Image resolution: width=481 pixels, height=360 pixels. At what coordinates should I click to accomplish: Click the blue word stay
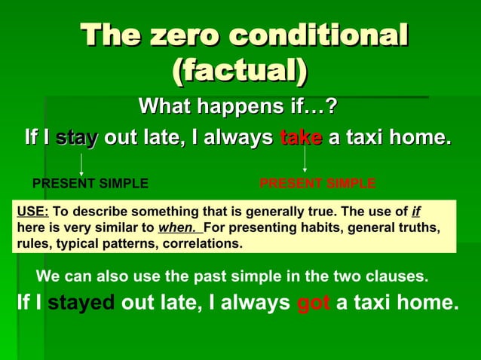coord(77,138)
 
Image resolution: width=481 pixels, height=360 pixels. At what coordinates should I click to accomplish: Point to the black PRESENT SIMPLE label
coord(90,183)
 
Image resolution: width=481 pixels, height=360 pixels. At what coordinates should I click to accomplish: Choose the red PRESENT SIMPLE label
coord(317,183)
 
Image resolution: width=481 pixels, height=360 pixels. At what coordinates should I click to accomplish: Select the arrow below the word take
coord(304,159)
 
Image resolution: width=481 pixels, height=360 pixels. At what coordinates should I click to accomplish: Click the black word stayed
coord(81,303)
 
